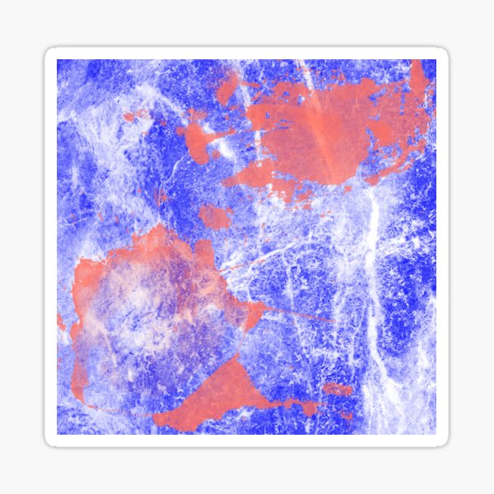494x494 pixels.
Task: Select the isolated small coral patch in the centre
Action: coord(215,217)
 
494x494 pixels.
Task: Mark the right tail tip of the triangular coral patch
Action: coord(311,408)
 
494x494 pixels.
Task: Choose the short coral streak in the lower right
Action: coord(338,388)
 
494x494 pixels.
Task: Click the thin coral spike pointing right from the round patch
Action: coord(296,315)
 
